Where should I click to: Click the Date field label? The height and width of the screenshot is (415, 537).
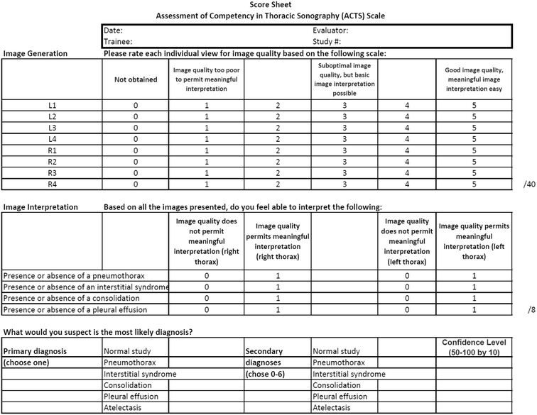pyautogui.click(x=114, y=31)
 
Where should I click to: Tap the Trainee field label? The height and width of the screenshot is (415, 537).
pyautogui.click(x=119, y=42)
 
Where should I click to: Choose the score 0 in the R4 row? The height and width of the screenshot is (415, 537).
pyautogui.click(x=135, y=184)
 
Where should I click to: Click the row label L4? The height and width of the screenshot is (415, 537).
pyautogui.click(x=52, y=140)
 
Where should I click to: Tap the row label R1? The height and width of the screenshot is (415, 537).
pyautogui.click(x=52, y=151)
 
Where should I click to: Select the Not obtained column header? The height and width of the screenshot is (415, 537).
pyautogui.click(x=135, y=79)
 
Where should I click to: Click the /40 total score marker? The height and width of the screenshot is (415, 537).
pyautogui.click(x=528, y=185)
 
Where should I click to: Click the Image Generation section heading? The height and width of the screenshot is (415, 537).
pyautogui.click(x=36, y=53)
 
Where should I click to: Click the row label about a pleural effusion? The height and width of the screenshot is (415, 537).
pyautogui.click(x=75, y=310)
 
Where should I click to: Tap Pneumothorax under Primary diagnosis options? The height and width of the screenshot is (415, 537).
pyautogui.click(x=130, y=363)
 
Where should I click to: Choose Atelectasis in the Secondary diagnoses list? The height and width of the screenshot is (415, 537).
pyautogui.click(x=337, y=408)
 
